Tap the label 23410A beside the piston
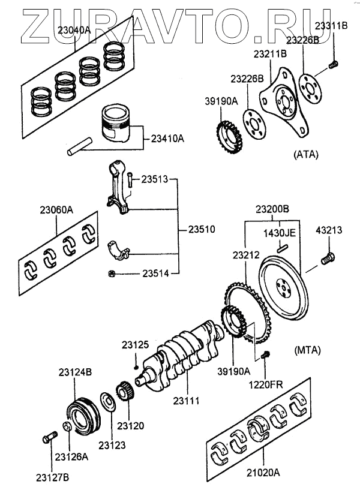pos(164,139)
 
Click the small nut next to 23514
pos(112,274)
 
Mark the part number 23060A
pos(57,211)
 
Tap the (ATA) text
pos(305,155)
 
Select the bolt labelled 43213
pos(328,259)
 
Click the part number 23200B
pos(272,209)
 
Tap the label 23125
pos(136,345)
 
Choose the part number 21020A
pos(259,474)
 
